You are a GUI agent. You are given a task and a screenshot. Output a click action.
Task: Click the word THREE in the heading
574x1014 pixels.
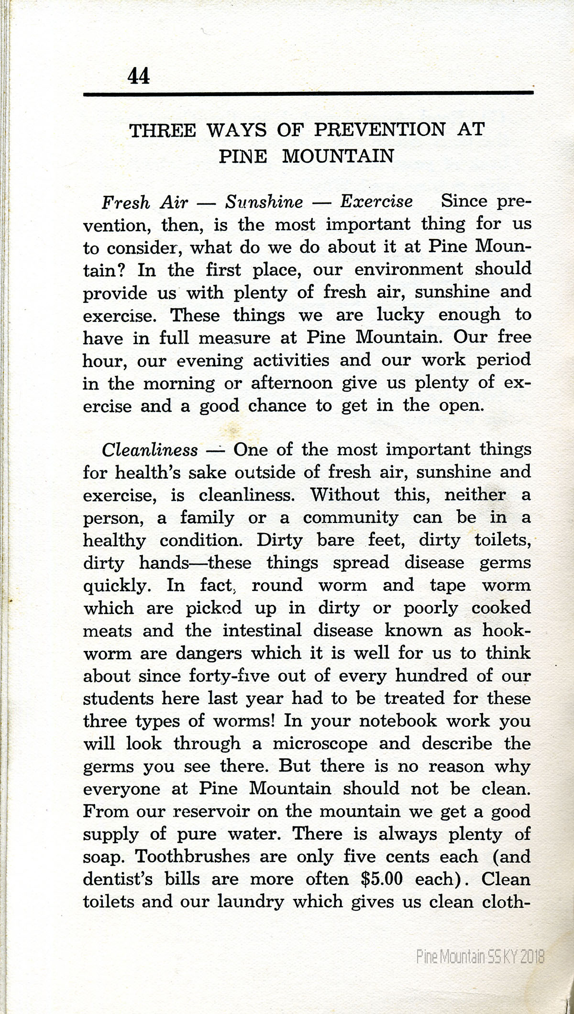point(163,131)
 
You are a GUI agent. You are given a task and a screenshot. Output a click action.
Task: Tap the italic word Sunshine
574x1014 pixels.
point(264,202)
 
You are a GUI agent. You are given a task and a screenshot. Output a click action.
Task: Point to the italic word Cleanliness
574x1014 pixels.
point(150,450)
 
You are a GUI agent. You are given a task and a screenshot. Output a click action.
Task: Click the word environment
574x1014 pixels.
point(409,269)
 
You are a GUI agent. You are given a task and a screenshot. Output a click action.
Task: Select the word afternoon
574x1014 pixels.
point(292,384)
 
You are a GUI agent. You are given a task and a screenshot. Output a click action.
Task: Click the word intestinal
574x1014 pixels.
point(262,631)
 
